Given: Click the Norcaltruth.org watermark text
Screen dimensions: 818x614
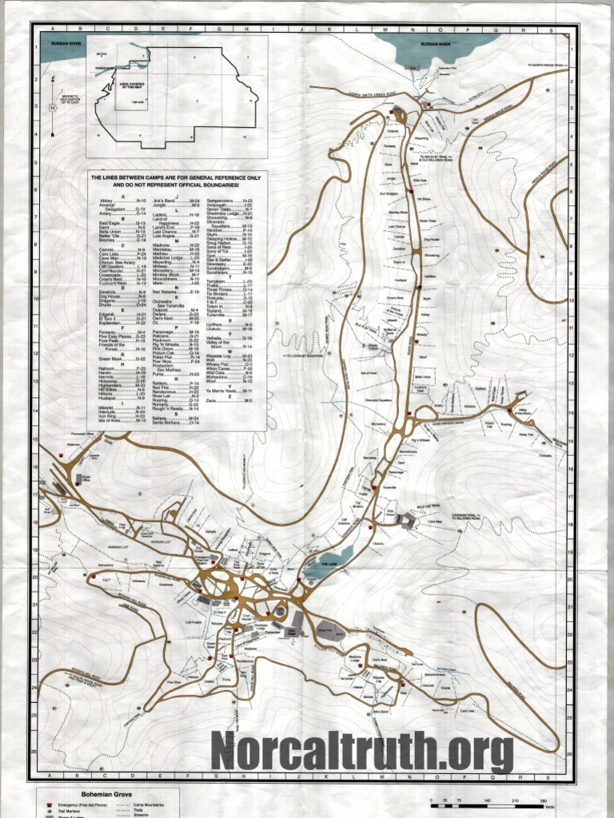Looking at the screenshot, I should tap(361, 752).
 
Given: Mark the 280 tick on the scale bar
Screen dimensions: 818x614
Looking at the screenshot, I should tap(544, 801).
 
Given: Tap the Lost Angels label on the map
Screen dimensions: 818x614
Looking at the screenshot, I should tap(193, 622).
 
